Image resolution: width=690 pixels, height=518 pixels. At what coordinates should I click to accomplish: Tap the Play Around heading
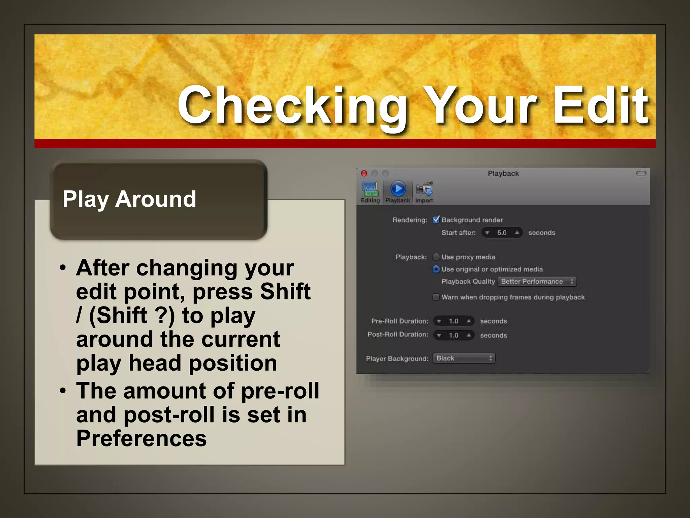point(129,199)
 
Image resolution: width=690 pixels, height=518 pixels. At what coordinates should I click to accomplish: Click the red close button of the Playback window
point(364,173)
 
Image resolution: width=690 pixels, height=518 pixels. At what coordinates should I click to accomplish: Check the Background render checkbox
point(436,220)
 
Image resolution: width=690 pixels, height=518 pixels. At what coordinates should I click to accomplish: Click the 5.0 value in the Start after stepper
point(502,233)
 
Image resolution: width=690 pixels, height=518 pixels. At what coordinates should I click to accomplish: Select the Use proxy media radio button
point(436,257)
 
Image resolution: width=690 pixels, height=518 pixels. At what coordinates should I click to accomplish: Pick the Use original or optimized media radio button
point(436,269)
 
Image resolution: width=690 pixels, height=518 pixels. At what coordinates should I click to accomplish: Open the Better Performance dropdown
point(537,282)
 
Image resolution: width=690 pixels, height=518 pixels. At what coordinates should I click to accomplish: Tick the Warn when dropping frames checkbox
point(436,297)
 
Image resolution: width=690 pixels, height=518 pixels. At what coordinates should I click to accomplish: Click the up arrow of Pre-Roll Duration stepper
point(469,321)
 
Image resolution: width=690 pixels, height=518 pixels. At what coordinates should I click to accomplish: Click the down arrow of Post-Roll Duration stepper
point(439,336)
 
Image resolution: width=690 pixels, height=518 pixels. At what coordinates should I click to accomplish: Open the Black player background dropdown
point(464,358)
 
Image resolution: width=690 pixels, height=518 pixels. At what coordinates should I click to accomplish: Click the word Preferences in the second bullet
point(142,438)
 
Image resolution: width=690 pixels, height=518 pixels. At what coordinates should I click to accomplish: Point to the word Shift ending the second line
point(285,291)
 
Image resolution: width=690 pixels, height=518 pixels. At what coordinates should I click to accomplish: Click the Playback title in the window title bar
point(503,173)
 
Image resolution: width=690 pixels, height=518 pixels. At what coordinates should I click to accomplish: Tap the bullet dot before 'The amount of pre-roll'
point(63,391)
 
